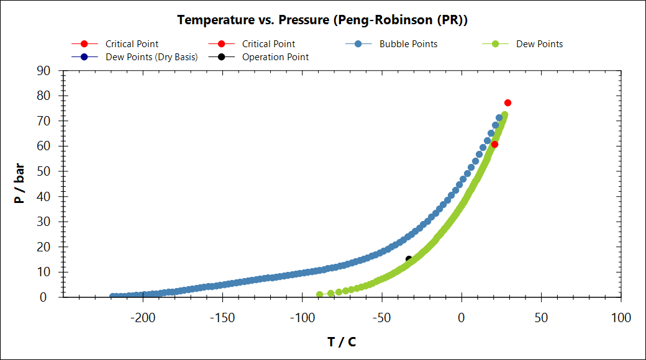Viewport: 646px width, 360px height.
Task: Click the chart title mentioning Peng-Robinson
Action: pos(322,20)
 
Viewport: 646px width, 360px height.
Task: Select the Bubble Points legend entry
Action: pos(408,44)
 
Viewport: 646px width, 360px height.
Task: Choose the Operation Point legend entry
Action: pos(275,57)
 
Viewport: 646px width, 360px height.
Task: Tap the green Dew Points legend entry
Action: pos(539,44)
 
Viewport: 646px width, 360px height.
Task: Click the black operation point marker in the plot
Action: pos(409,259)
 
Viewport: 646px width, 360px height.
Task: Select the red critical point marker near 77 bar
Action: pos(507,103)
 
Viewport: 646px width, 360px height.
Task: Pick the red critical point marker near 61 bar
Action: pos(494,145)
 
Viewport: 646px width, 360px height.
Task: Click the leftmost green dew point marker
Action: pos(319,295)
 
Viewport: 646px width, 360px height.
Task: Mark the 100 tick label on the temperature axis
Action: pos(621,318)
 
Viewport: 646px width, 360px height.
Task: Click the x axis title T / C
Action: pos(342,342)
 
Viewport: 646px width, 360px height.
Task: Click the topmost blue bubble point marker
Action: pos(499,118)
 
